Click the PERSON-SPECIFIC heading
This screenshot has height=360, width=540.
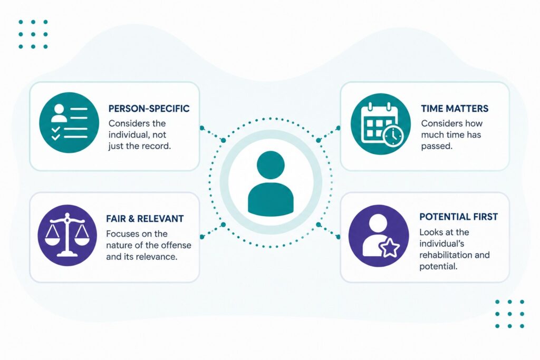coord(149,109)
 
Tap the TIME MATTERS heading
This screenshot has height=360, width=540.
coord(455,109)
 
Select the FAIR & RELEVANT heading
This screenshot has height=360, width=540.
coord(145,219)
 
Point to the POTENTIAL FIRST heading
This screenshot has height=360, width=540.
coord(459,217)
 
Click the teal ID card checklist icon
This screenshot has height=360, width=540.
coord(69,122)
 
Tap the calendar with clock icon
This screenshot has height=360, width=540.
coord(381,123)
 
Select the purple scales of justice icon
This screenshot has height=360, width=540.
coord(67,236)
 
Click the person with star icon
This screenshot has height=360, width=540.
coord(379,236)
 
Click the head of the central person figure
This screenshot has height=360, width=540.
coord(271,165)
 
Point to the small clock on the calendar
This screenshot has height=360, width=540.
coord(393,135)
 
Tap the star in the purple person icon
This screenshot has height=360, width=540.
coord(390,247)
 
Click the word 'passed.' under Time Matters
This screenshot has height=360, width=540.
coord(437,147)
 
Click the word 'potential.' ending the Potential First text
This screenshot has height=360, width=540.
coord(438,267)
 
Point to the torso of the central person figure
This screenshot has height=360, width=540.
coord(271,199)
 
